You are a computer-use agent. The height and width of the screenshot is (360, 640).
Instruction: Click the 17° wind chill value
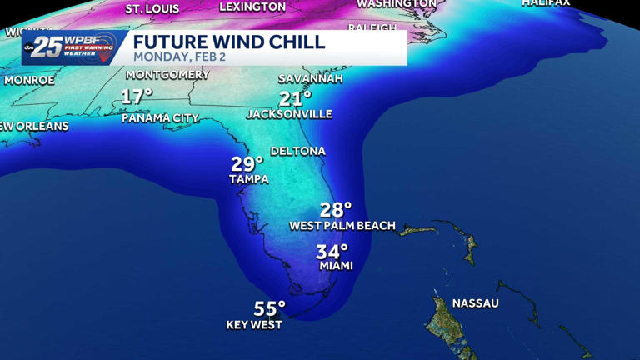click(x=137, y=97)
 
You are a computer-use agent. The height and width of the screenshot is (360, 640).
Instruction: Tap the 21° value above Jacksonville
click(x=295, y=99)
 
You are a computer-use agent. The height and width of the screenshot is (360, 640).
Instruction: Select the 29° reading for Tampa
click(x=247, y=163)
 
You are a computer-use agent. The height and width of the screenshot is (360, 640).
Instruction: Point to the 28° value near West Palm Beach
click(x=336, y=209)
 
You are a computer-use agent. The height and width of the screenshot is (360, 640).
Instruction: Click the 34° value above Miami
click(x=332, y=251)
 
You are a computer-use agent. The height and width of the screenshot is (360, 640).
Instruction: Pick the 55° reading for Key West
click(x=269, y=309)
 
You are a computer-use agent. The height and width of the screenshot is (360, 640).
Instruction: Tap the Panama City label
click(x=160, y=118)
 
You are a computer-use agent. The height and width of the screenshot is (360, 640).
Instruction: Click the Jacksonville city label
click(x=289, y=114)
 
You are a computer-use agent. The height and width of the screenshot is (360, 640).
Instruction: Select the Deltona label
click(x=297, y=151)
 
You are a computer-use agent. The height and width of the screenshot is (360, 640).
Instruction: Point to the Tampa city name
click(x=249, y=179)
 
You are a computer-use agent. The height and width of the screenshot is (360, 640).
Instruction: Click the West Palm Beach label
click(x=342, y=226)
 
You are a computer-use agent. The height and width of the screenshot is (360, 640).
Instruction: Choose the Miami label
click(x=337, y=266)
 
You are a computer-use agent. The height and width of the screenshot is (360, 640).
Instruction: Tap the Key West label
click(x=254, y=325)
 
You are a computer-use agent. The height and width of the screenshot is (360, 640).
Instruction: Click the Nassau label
click(x=475, y=303)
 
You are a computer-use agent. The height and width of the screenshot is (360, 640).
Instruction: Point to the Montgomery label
click(x=167, y=75)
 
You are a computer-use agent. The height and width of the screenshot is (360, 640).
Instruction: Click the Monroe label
click(x=29, y=81)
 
